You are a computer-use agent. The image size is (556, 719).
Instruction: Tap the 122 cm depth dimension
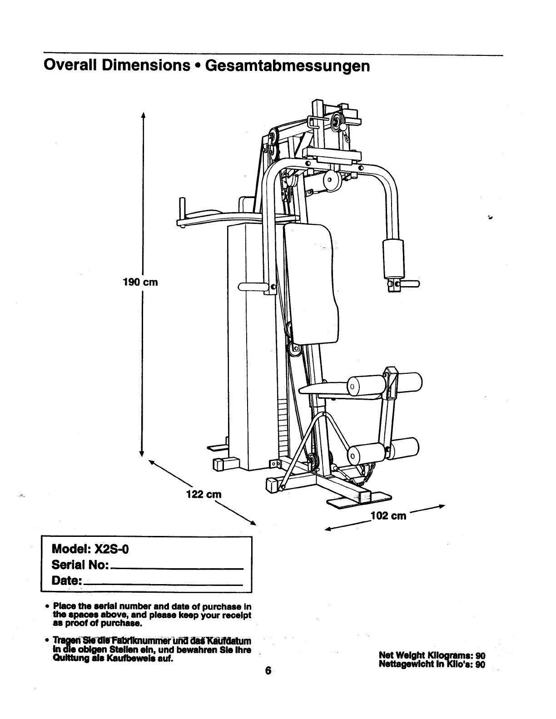[204, 494]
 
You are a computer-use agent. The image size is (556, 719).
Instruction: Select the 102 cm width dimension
[388, 516]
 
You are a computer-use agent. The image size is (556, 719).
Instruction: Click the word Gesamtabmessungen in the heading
[288, 66]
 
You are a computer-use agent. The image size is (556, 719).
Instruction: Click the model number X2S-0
[112, 549]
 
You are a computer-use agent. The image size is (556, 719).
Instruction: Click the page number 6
[268, 670]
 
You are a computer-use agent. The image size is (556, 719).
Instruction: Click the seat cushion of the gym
[323, 388]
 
